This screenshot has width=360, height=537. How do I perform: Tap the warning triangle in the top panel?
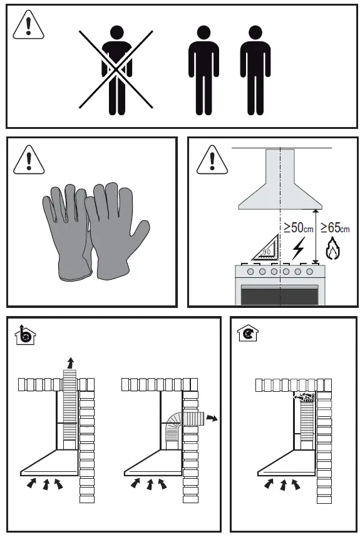[26, 26]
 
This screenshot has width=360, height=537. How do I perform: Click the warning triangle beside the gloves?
[26, 160]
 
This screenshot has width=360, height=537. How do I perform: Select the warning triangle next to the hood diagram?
[210, 160]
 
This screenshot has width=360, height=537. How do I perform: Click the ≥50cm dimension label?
[298, 227]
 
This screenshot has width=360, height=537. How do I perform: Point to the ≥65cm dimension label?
[335, 227]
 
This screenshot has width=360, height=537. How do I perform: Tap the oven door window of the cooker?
[280, 294]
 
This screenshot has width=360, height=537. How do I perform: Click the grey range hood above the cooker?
[280, 188]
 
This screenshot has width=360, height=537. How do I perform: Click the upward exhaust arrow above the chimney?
[71, 362]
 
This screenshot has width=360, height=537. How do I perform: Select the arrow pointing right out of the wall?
[213, 417]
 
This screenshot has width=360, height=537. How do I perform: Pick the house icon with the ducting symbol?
[24, 335]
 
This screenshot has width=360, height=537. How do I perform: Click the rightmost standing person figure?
[255, 70]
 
